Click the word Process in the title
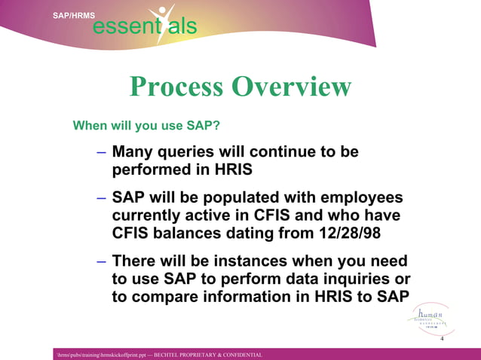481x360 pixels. (176, 87)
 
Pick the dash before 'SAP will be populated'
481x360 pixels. (101, 198)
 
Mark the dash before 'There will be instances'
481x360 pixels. (101, 261)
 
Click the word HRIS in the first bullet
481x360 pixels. (223, 169)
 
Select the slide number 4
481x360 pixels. (441, 340)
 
